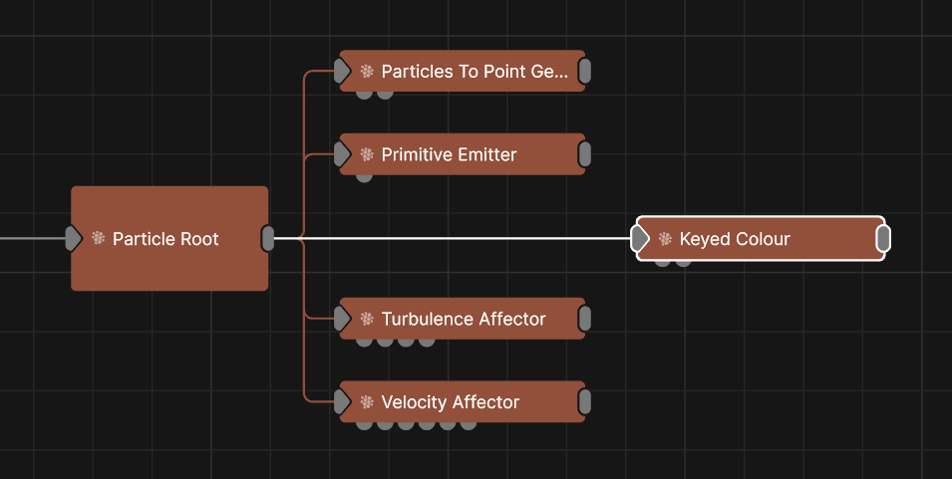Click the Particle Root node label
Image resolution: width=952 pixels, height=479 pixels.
(165, 239)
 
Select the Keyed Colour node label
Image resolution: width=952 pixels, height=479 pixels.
(735, 239)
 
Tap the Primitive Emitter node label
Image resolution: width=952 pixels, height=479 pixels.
(449, 154)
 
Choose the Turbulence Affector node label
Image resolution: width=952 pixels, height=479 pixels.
(464, 319)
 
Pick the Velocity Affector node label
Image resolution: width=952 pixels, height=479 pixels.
(451, 402)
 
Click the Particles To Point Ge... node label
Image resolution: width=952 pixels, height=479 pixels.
(475, 72)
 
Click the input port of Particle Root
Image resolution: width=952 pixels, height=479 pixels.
(73, 239)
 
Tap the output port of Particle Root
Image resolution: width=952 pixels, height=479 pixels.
(267, 239)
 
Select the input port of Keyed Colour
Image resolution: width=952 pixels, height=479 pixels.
(640, 239)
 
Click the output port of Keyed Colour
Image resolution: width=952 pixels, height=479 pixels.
(883, 239)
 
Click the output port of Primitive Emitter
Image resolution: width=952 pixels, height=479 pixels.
(584, 154)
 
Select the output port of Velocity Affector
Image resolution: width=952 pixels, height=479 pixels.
(584, 402)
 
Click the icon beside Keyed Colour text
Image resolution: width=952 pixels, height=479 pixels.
(665, 239)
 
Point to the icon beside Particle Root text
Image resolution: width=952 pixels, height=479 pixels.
(98, 239)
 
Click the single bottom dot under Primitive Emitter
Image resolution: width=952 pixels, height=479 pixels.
(364, 176)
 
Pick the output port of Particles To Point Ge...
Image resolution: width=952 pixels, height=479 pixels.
(584, 71)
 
